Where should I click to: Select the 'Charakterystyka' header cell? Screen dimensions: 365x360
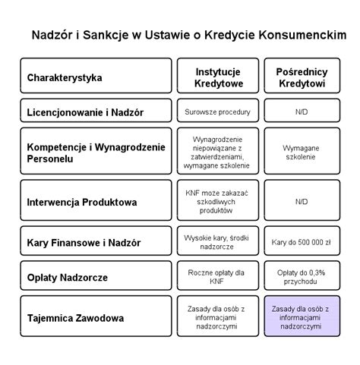tap(96, 77)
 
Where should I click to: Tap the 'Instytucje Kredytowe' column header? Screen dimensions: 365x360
tap(216, 76)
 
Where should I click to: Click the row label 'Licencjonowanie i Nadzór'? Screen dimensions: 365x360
tap(96, 112)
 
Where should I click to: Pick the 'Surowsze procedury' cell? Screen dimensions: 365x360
tap(216, 112)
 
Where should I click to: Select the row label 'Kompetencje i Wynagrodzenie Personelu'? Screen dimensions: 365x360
tap(96, 152)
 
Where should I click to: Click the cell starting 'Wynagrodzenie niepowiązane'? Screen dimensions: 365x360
tap(216, 152)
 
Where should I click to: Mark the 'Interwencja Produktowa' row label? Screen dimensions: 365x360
tap(96, 202)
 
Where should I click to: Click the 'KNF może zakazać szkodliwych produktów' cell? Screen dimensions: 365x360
tap(216, 202)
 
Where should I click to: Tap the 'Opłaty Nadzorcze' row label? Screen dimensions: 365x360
tap(96, 277)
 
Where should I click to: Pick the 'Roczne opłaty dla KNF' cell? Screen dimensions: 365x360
tap(216, 277)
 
